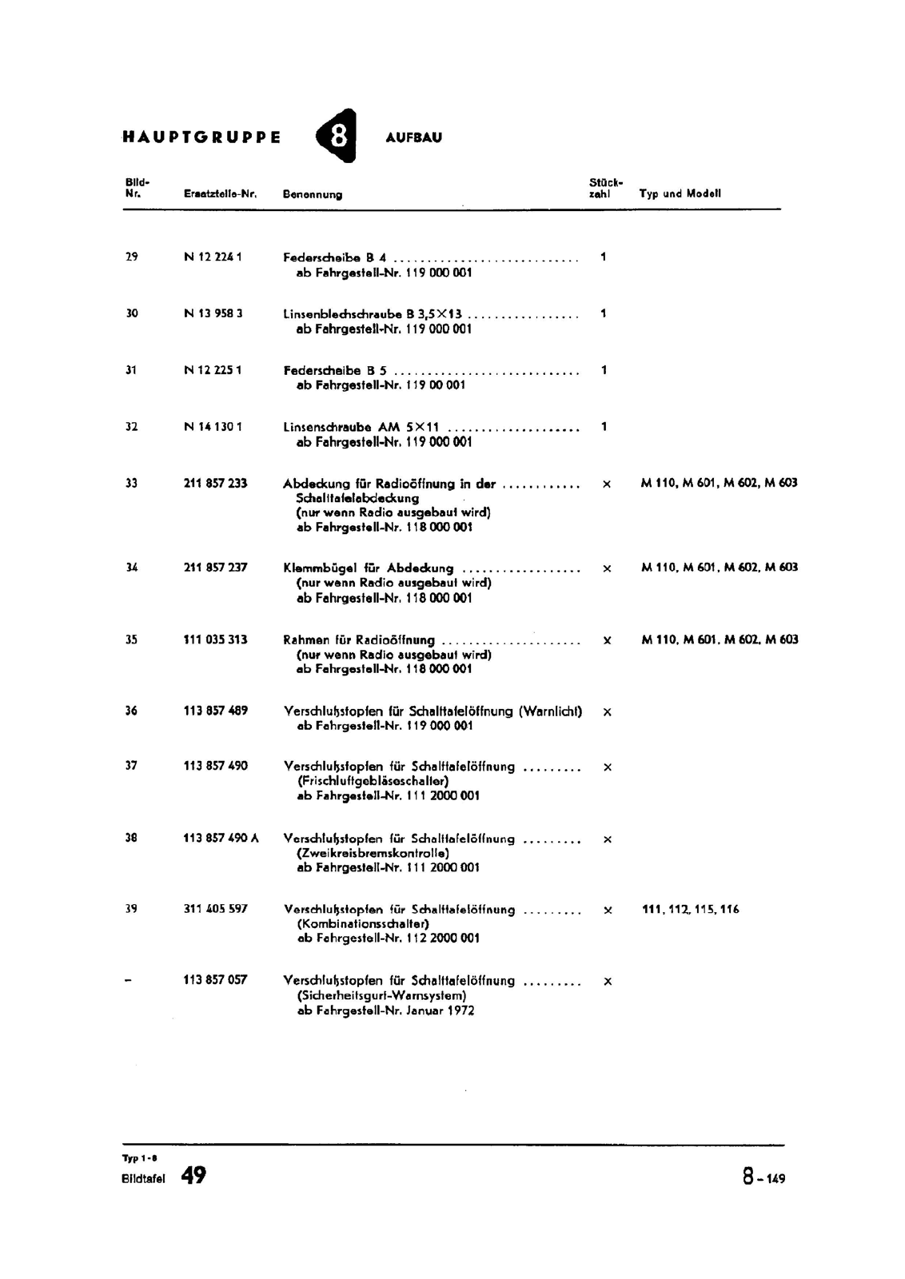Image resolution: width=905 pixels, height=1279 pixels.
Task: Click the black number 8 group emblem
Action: coord(337,137)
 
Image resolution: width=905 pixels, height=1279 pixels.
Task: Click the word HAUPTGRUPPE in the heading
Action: coord(201,137)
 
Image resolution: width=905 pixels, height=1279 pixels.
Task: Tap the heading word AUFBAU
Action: coord(413,137)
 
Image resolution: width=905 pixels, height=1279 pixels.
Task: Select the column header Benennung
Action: coord(313,194)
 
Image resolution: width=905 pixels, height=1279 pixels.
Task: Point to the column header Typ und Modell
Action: coord(680,193)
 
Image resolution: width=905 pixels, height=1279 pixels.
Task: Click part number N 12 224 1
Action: coord(213,257)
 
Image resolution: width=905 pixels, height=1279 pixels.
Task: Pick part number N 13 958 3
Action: coord(213,313)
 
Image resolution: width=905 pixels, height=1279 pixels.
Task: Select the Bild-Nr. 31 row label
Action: coord(132,370)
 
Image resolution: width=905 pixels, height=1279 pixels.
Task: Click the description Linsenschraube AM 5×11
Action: coord(361,427)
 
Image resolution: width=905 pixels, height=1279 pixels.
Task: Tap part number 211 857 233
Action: coord(215,483)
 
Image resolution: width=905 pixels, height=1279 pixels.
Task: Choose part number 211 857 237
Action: coord(215,568)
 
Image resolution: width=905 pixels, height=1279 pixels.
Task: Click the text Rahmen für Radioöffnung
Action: coord(359,639)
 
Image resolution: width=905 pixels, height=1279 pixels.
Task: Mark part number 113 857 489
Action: coord(215,711)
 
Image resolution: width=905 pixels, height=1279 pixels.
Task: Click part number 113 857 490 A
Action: coord(221,839)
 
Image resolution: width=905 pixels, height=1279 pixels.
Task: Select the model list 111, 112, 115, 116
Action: coord(691,909)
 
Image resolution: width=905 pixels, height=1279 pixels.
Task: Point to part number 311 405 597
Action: coord(215,909)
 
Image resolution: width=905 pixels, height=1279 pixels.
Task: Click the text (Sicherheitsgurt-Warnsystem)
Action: coord(381,996)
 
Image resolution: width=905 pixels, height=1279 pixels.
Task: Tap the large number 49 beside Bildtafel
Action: coord(193,1175)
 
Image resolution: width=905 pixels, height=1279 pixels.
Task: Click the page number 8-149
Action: coord(763,1177)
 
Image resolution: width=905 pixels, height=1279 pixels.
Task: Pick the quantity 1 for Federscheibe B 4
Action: coord(604,257)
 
